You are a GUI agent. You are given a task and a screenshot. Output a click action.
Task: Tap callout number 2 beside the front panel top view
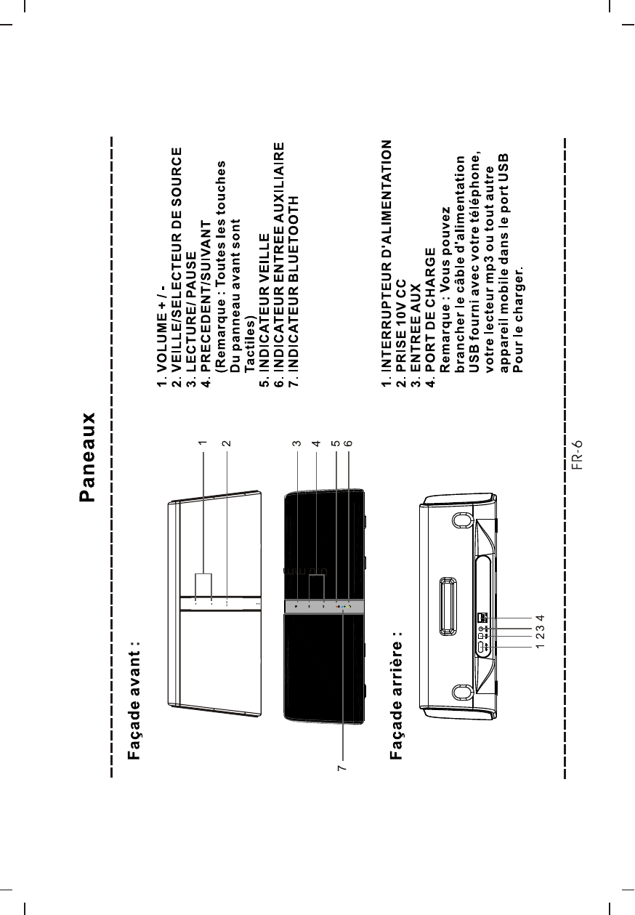[x=227, y=442]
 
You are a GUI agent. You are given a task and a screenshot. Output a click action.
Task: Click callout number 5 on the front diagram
[x=335, y=442]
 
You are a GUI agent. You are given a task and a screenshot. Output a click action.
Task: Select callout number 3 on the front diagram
[x=296, y=442]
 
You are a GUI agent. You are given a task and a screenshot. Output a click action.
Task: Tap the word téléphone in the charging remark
[x=474, y=188]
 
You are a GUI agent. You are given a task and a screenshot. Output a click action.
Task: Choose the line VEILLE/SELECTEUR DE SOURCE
[x=175, y=269]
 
